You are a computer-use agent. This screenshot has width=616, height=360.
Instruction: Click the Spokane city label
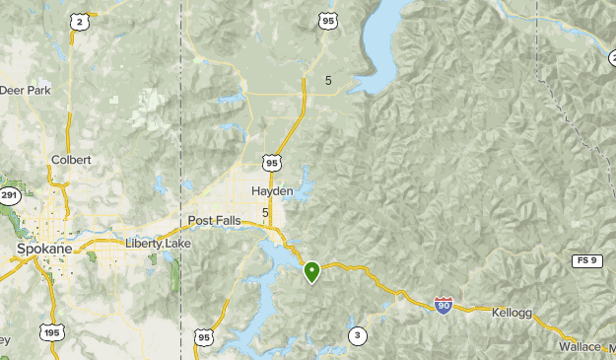(x=44, y=250)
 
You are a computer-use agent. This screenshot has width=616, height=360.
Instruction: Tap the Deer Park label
(x=26, y=90)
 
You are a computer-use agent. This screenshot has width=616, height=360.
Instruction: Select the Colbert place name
(x=71, y=159)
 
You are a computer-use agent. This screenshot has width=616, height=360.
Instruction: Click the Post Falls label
(x=215, y=221)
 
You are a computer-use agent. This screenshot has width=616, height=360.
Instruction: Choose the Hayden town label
(x=272, y=190)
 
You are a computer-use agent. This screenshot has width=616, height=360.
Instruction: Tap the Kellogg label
(x=512, y=313)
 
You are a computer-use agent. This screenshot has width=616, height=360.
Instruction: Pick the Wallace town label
(x=580, y=347)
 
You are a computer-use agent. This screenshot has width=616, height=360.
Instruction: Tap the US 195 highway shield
(x=50, y=333)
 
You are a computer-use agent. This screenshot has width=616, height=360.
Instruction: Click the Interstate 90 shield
(x=445, y=306)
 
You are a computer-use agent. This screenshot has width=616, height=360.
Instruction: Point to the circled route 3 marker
(x=357, y=336)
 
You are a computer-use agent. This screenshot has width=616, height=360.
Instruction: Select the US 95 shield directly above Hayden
(x=271, y=162)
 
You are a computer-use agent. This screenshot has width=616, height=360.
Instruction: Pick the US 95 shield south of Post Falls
(x=204, y=337)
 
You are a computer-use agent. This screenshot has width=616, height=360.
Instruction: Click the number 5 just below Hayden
(x=266, y=212)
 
